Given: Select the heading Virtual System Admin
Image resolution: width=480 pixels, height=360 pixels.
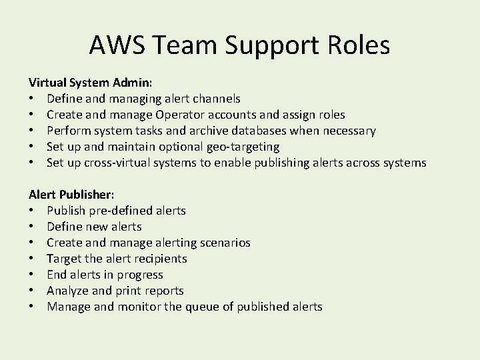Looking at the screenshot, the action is click(x=90, y=83).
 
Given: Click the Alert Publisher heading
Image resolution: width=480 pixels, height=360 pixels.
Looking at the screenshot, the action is click(x=71, y=195).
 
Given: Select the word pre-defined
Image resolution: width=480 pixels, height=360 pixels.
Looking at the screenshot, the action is click(x=123, y=211).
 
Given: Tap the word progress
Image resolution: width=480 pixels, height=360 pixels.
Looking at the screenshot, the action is click(x=139, y=275).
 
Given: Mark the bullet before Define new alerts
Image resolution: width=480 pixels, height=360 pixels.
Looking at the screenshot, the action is click(x=31, y=227).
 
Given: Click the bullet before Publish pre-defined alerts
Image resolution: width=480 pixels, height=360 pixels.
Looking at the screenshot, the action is click(x=31, y=211).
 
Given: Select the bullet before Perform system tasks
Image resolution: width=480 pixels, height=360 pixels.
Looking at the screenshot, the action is click(x=31, y=131).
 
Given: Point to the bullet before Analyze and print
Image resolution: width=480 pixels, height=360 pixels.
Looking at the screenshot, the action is click(x=31, y=291).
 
